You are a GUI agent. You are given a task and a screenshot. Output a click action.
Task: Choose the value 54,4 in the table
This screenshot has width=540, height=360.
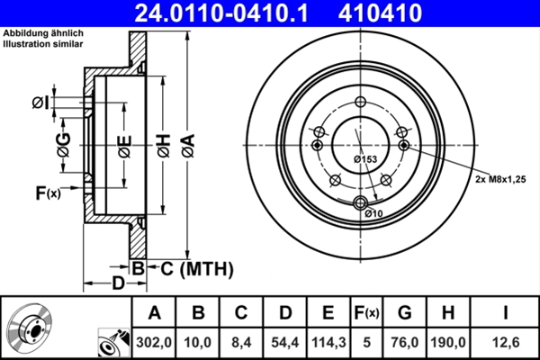click(283, 341)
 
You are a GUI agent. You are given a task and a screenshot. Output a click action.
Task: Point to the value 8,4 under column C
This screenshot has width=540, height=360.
click(240, 341)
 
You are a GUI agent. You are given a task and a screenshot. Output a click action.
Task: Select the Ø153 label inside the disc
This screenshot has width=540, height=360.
click(364, 159)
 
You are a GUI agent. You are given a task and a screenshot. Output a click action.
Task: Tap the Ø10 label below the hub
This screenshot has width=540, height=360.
click(374, 213)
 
